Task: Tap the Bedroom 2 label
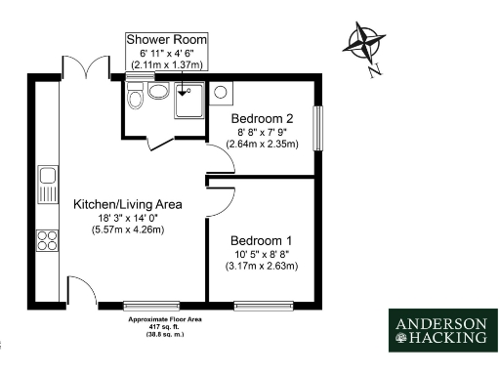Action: pos(262,116)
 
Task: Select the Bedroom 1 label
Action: pos(261,240)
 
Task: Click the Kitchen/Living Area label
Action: pos(128,204)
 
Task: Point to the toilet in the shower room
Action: pos(136,96)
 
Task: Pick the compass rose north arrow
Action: pos(362,45)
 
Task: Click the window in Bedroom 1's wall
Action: pos(265,307)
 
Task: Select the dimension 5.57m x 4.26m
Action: pos(128,229)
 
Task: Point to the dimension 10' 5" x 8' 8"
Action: pos(261,253)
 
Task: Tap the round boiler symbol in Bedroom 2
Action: pos(221,94)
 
